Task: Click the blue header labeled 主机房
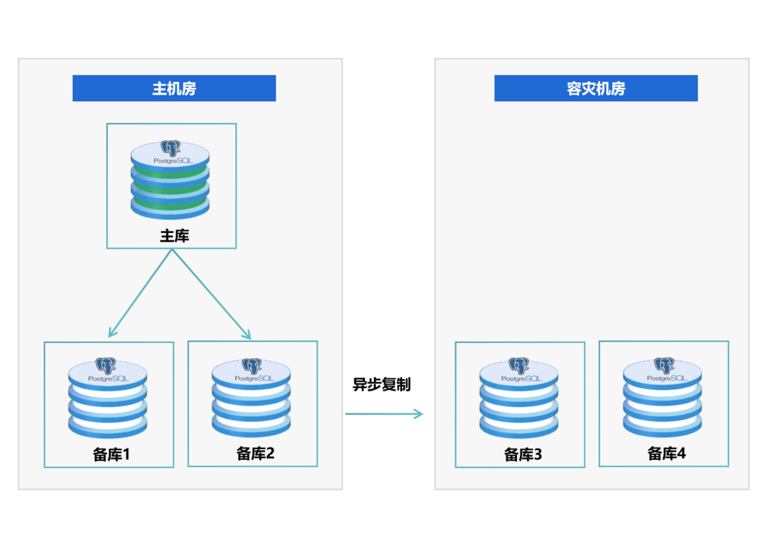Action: click(174, 89)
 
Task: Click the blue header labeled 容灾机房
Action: click(596, 89)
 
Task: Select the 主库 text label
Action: click(174, 236)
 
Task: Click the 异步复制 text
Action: click(381, 384)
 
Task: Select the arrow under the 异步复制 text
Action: click(384, 414)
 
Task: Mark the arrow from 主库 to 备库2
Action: click(211, 293)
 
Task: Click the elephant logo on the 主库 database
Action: click(170, 148)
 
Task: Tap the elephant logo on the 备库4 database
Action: click(664, 365)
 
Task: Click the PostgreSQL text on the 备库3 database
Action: click(521, 379)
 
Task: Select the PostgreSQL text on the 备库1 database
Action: click(108, 379)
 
